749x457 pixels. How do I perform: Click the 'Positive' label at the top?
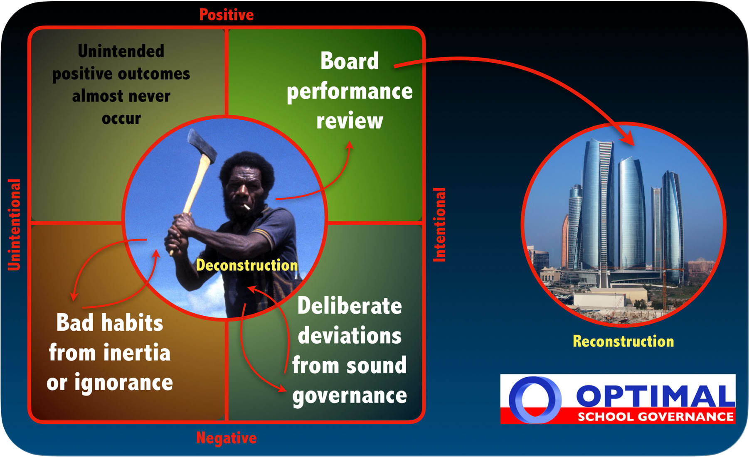tap(227, 15)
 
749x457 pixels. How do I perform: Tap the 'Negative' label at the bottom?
tap(227, 438)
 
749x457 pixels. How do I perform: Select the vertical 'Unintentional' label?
tap(14, 225)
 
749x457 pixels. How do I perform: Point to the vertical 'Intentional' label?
tap(439, 225)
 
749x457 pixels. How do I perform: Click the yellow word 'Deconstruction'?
tap(247, 265)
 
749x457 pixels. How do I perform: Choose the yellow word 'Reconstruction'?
tap(623, 341)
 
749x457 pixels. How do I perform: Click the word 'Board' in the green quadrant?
tap(350, 61)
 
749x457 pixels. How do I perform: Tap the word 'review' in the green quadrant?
tap(350, 121)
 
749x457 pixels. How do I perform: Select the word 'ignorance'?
tap(123, 382)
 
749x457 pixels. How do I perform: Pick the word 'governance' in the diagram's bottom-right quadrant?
tap(350, 395)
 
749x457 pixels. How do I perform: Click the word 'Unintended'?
tap(121, 51)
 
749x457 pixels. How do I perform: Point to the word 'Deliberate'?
tap(350, 306)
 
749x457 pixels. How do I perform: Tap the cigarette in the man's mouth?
tap(246, 206)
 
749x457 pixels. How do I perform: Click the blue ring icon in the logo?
tap(535, 399)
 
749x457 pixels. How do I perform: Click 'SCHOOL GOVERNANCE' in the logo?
tap(655, 417)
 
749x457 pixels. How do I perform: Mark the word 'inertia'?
tap(137, 353)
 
